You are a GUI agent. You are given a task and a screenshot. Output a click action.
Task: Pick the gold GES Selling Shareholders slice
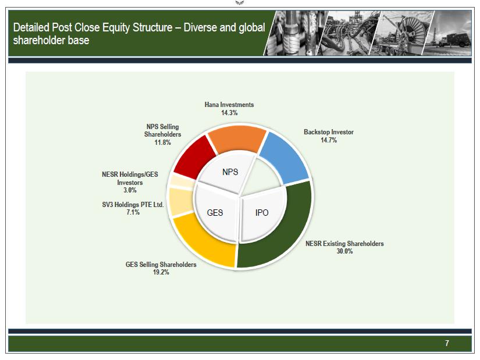(205, 242)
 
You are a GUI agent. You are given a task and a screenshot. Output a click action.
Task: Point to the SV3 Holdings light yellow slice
(180, 201)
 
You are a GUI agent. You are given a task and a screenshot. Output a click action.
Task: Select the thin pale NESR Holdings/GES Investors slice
(181, 181)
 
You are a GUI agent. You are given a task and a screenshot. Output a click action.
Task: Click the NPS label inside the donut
(230, 172)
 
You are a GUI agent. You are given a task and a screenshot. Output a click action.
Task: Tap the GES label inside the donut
(215, 213)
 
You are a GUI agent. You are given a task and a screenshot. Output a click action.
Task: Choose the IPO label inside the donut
(262, 213)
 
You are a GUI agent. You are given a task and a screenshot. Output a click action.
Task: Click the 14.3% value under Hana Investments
(229, 113)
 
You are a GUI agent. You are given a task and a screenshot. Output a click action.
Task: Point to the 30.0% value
(344, 251)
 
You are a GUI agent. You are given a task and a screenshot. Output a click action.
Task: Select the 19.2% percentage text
(161, 272)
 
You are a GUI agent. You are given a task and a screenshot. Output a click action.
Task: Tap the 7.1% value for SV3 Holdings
(133, 212)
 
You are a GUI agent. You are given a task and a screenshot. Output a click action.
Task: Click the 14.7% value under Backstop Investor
(329, 140)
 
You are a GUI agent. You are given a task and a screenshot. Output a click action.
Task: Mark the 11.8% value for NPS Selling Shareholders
(162, 142)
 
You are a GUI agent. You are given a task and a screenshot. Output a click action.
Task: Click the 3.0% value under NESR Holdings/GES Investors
(130, 190)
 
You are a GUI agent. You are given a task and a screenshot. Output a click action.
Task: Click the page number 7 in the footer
(447, 343)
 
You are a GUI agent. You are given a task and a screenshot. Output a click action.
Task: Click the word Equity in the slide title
(116, 27)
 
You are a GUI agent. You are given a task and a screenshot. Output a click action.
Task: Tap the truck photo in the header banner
(449, 33)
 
